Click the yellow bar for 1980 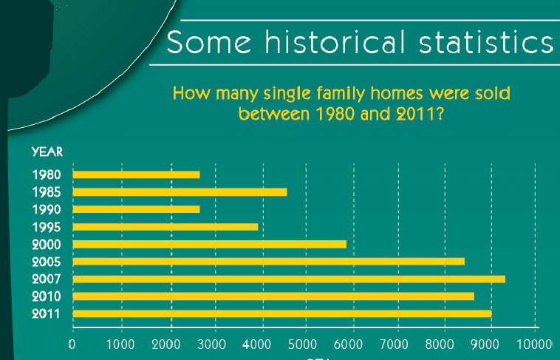coord(136,175)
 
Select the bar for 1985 coord(180,192)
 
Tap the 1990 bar coord(136,209)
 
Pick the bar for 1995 coord(165,227)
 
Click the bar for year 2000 coord(209,244)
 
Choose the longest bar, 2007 coord(289,279)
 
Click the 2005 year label coord(47,262)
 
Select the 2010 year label coord(47,296)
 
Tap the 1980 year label coord(47,175)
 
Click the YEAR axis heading coord(47,152)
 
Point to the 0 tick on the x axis coord(72,344)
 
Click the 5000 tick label coord(307,344)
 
